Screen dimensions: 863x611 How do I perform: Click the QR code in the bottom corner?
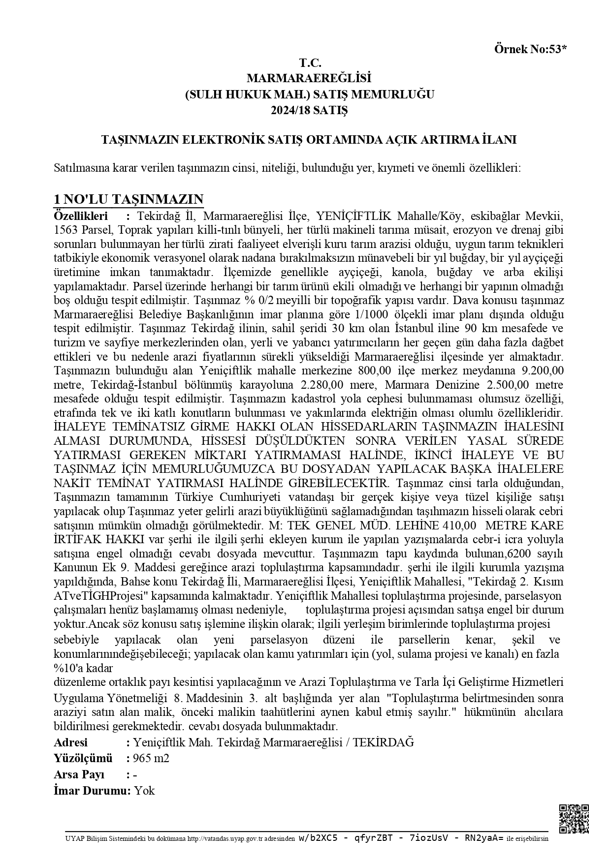[574, 819]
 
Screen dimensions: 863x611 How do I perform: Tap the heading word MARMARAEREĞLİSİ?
[309, 78]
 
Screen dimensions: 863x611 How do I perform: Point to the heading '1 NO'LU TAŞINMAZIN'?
[129, 199]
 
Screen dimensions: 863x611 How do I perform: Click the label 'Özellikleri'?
[80, 216]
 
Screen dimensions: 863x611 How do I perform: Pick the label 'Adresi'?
[70, 742]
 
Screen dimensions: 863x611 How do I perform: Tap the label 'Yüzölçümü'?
[83, 758]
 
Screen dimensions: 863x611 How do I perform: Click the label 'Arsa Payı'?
[79, 774]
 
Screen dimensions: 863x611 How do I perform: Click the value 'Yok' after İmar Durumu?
[145, 791]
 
